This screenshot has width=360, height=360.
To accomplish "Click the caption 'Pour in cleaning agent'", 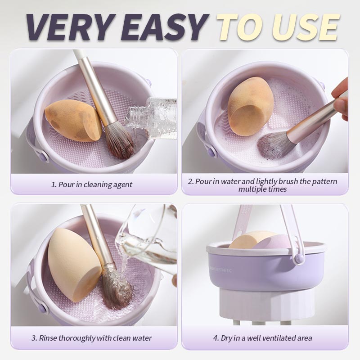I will [x=91, y=184].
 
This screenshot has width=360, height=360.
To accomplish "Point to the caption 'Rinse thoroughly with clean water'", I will [x=91, y=337].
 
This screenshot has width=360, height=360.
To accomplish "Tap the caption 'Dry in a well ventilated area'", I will [x=262, y=337].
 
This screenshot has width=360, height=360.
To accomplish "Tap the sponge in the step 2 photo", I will [x=250, y=106].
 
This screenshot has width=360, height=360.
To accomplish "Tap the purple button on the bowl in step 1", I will [x=44, y=157].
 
